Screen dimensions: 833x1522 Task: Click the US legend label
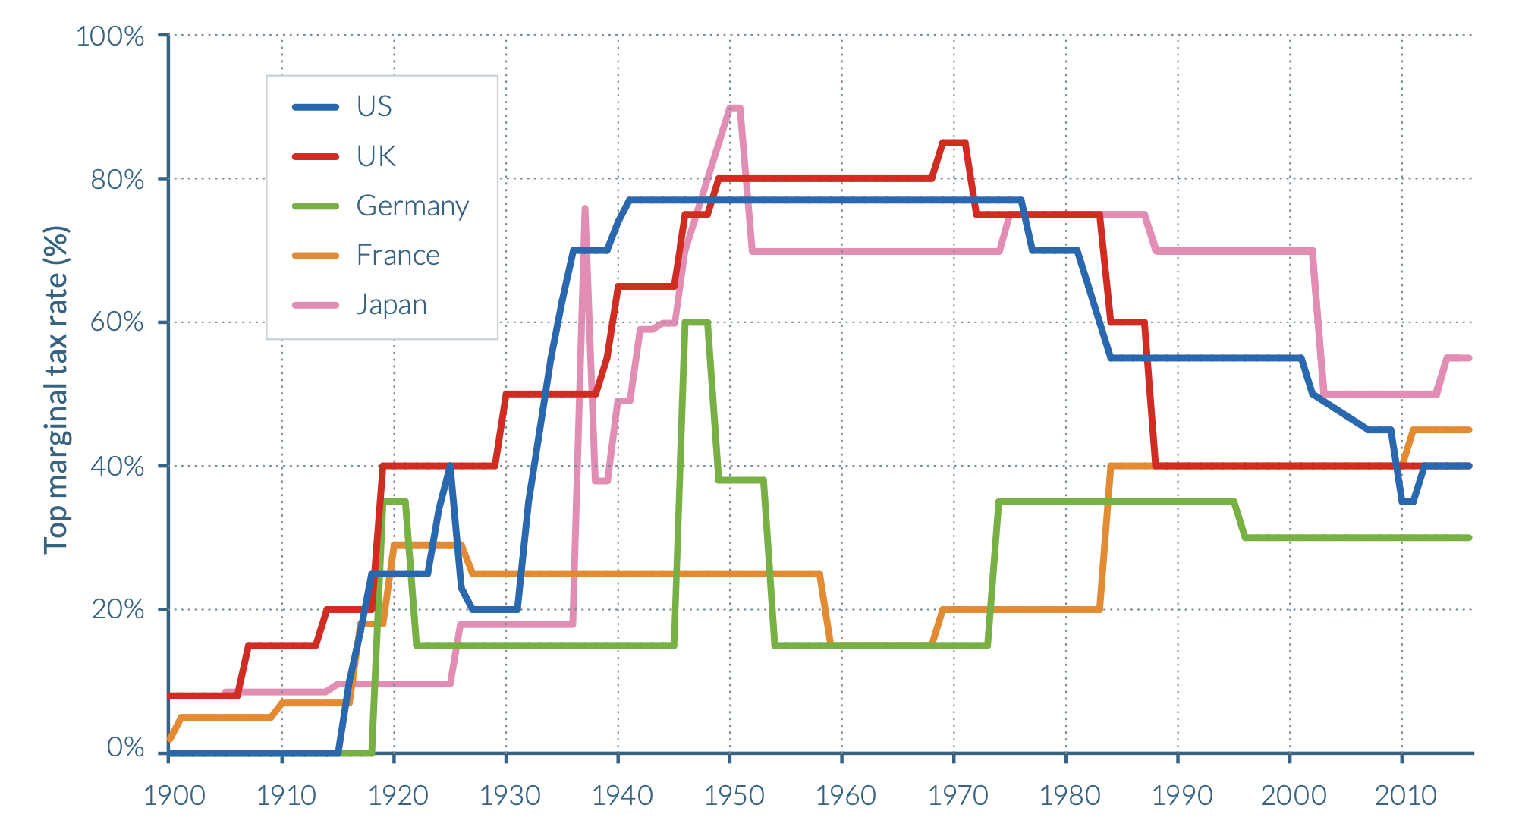[374, 107]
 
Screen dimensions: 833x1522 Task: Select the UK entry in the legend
[376, 156]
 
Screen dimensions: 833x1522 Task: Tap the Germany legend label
[412, 206]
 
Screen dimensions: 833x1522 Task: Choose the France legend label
[398, 255]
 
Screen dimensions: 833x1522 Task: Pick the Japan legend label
[392, 305]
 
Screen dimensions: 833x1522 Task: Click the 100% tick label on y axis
[110, 36]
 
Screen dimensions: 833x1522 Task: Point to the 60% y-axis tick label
[117, 322]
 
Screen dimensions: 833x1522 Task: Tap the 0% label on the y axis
[125, 747]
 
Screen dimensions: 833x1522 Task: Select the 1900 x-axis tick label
[175, 795]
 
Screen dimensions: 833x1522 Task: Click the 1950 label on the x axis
[734, 795]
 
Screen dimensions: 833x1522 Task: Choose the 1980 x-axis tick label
[1070, 795]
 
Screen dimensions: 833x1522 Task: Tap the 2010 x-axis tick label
[1405, 795]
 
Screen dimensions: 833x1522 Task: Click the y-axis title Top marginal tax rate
[56, 390]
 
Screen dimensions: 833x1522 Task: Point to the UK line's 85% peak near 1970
[954, 143]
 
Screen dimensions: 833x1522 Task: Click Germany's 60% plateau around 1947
[696, 322]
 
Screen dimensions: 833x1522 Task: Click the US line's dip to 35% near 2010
[1407, 501]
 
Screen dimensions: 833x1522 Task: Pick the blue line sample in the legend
[316, 107]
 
